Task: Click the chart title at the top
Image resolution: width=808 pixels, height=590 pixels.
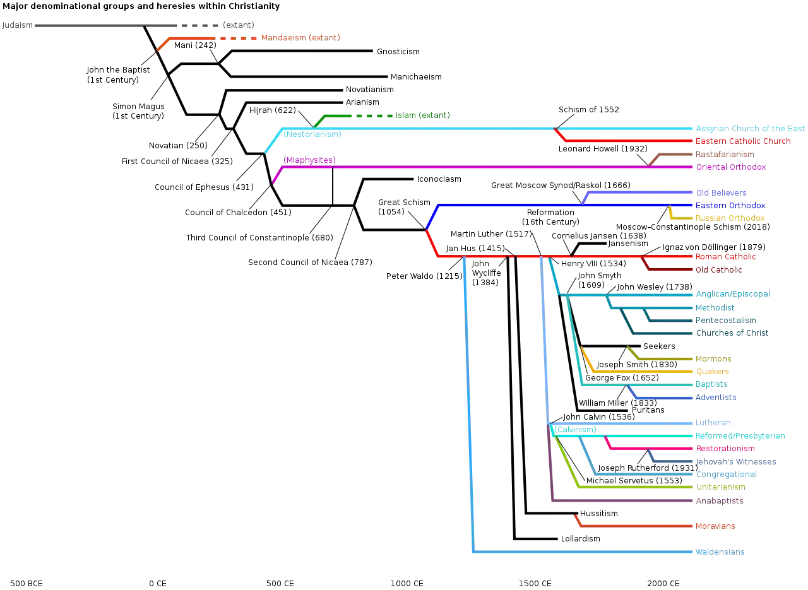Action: click(x=141, y=6)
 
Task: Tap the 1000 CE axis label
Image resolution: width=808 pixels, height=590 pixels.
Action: click(x=407, y=584)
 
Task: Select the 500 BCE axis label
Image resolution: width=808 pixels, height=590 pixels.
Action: click(x=27, y=584)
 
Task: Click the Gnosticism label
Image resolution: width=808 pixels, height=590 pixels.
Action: click(x=398, y=52)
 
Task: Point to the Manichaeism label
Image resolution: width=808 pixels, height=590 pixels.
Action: click(x=416, y=77)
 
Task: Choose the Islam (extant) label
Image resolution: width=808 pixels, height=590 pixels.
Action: click(x=423, y=115)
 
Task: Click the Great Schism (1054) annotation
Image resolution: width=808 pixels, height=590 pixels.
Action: click(x=404, y=207)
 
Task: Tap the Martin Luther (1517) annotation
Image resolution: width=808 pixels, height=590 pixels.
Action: click(x=491, y=234)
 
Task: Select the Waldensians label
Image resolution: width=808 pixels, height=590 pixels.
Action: click(x=720, y=552)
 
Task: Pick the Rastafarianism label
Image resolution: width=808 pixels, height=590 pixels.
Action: click(x=725, y=155)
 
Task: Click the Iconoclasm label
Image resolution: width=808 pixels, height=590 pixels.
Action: click(x=439, y=179)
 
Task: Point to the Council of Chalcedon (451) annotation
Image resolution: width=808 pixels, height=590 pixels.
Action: click(x=238, y=213)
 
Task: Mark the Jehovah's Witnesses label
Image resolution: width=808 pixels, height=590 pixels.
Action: click(x=736, y=462)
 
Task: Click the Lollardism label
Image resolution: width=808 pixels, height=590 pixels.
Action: click(x=580, y=539)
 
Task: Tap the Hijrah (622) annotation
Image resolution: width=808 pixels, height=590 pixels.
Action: click(x=272, y=110)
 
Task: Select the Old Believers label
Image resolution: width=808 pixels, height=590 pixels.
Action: click(x=721, y=193)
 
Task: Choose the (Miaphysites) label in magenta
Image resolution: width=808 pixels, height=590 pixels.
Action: click(x=309, y=160)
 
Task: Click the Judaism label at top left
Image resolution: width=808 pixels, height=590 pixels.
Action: click(x=17, y=25)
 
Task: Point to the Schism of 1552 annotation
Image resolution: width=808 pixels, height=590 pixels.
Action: click(x=589, y=110)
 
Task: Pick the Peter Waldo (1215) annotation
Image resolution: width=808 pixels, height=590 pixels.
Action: click(x=424, y=276)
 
